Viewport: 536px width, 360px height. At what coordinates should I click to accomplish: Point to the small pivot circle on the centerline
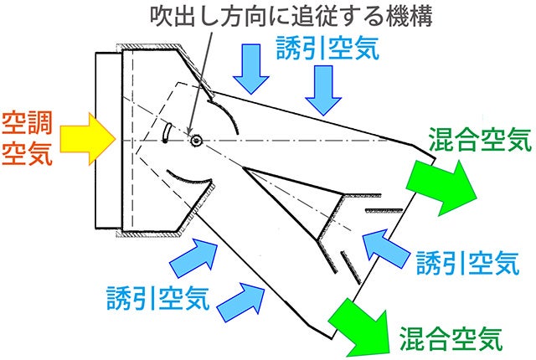pyautogui.click(x=197, y=140)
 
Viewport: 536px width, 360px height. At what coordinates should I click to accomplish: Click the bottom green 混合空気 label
pyautogui.click(x=452, y=338)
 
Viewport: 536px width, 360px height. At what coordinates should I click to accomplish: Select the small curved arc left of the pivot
pyautogui.click(x=166, y=132)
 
